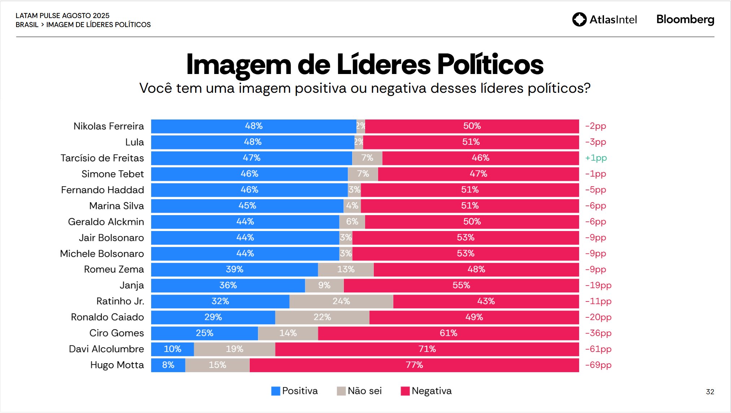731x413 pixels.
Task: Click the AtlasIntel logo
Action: [605, 19]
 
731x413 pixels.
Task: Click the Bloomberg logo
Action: [685, 19]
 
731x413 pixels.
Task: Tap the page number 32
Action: [710, 392]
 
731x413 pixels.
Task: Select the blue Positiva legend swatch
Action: [276, 391]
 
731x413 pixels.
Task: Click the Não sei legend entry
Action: [359, 391]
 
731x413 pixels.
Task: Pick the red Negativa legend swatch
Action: [405, 391]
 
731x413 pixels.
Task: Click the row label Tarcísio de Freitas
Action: [102, 158]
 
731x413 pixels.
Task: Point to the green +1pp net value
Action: [596, 158]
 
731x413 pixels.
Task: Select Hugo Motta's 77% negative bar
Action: [414, 365]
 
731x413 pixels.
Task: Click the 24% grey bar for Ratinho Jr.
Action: [341, 301]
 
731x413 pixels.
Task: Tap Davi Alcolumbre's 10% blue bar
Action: [172, 349]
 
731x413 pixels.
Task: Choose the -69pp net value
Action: [598, 365]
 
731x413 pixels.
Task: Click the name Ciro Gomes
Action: [117, 333]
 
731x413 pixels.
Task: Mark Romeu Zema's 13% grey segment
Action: [346, 270]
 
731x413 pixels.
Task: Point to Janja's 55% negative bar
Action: [461, 286]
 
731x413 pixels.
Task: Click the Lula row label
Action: [134, 142]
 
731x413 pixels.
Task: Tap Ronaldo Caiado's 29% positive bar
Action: [213, 317]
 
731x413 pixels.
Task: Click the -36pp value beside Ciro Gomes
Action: [598, 333]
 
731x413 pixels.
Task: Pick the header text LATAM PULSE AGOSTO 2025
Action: [62, 16]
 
